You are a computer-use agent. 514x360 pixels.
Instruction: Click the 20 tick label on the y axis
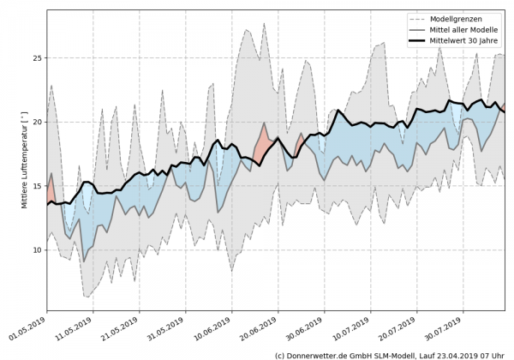pos(34,122)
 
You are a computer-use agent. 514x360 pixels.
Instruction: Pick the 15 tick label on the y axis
pos(34,186)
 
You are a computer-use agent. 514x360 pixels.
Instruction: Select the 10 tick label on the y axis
pos(34,250)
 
